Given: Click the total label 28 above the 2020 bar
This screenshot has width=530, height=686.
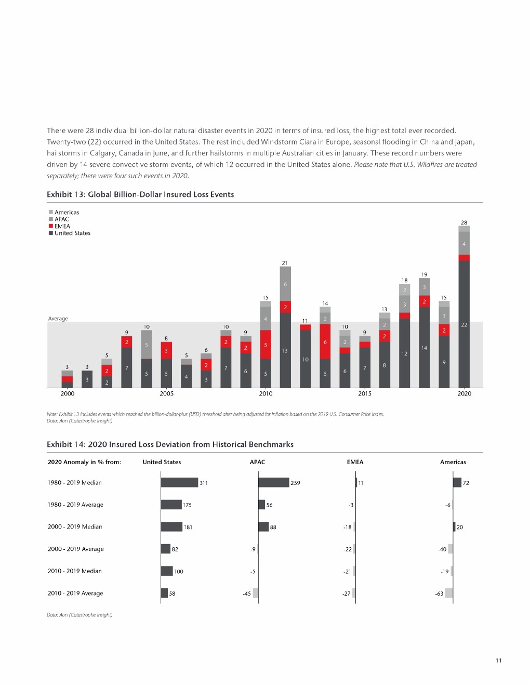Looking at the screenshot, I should point(464,222).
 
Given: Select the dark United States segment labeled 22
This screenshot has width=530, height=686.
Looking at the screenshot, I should point(464,324).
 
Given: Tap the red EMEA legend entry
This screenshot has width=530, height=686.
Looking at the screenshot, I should point(62,226).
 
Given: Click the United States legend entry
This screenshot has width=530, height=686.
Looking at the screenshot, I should point(72,233).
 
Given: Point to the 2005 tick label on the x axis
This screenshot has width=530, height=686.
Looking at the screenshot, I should point(166,393).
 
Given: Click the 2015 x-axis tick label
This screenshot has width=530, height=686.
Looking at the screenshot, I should point(365,393).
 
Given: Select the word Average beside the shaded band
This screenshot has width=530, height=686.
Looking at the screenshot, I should point(58,319).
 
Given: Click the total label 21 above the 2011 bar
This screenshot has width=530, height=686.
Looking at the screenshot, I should point(285,263).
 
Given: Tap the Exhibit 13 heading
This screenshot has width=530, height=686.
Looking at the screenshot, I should point(140,194).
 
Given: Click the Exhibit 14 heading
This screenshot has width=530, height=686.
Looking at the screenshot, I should point(170,444).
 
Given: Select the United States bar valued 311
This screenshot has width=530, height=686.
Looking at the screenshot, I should point(179,482).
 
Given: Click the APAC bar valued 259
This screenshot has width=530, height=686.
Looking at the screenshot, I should point(273,482).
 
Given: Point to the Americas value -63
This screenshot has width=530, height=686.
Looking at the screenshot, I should point(440,593).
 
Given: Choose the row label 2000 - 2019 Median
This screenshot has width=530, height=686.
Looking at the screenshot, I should point(75,526).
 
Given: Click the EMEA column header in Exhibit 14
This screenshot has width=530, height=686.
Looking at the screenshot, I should point(355,462).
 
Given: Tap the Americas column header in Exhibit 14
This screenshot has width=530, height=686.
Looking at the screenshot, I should point(453,462).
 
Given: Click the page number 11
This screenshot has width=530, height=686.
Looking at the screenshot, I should point(498,661).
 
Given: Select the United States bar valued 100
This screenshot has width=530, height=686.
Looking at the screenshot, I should point(167,571).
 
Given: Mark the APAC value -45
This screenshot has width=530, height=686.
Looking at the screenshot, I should point(247,593).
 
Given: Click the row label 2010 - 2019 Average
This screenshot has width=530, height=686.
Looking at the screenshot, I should point(75,593).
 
